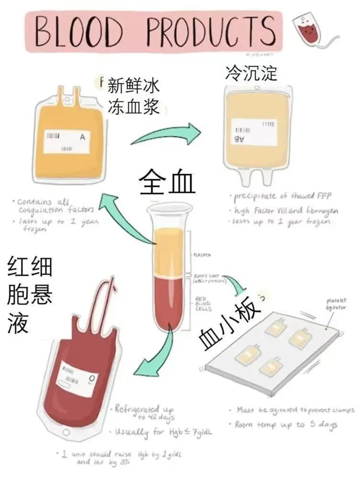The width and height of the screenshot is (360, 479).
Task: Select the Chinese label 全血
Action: (x=168, y=183)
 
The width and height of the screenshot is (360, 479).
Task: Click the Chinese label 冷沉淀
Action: (x=251, y=73)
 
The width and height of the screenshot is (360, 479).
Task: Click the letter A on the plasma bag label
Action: (x=82, y=137)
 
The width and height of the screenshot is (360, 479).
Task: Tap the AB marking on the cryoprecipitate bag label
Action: (x=238, y=139)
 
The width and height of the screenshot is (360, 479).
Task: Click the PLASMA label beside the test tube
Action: (x=202, y=255)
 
